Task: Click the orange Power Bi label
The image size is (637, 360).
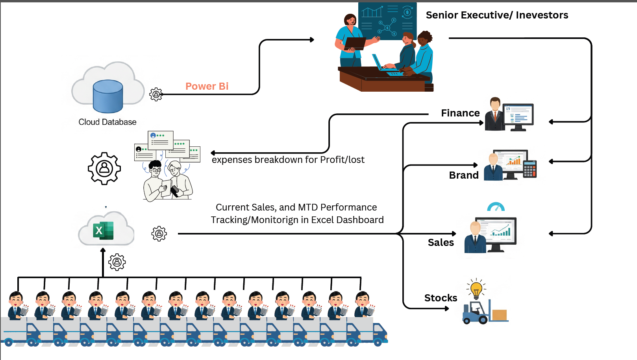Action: [207, 86]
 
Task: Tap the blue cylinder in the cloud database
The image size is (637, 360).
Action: [108, 96]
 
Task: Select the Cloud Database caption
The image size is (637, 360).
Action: [107, 122]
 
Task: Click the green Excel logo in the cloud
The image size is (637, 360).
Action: [103, 231]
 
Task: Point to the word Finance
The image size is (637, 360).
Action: [460, 113]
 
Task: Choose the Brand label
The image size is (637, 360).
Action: [464, 175]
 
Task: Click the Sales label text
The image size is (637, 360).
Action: [441, 242]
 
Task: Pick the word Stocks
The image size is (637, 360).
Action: [441, 298]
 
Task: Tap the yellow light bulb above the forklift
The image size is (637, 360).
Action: [476, 290]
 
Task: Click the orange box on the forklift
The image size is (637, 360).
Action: [499, 315]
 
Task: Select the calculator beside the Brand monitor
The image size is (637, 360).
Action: [530, 169]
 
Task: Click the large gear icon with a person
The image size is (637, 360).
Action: [104, 168]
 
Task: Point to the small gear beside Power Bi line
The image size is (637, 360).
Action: [156, 94]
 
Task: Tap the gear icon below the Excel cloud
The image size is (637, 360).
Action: [117, 262]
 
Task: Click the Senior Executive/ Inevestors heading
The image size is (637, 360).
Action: [497, 15]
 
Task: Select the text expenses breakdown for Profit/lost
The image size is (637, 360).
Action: [288, 160]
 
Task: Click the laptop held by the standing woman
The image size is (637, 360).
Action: [355, 43]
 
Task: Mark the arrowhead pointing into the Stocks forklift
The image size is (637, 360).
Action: [447, 308]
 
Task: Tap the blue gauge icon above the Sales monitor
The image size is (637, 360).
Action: [496, 207]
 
